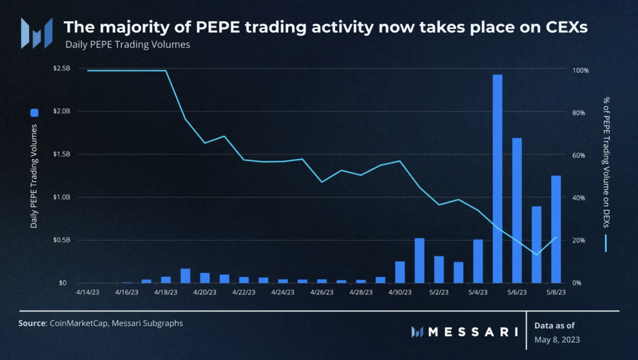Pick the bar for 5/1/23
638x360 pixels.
(x=419, y=261)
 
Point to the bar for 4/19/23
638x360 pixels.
(x=185, y=276)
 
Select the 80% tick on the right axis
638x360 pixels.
(x=580, y=112)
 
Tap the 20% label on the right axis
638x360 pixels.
(x=580, y=241)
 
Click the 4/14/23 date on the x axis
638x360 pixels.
(x=87, y=291)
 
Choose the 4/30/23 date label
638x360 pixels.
(x=400, y=291)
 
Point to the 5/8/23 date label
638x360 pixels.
(x=556, y=291)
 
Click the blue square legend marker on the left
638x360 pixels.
(x=34, y=112)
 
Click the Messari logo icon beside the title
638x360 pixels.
(x=35, y=33)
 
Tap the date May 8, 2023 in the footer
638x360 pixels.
(x=556, y=339)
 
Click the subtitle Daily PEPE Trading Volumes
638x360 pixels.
(x=128, y=44)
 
